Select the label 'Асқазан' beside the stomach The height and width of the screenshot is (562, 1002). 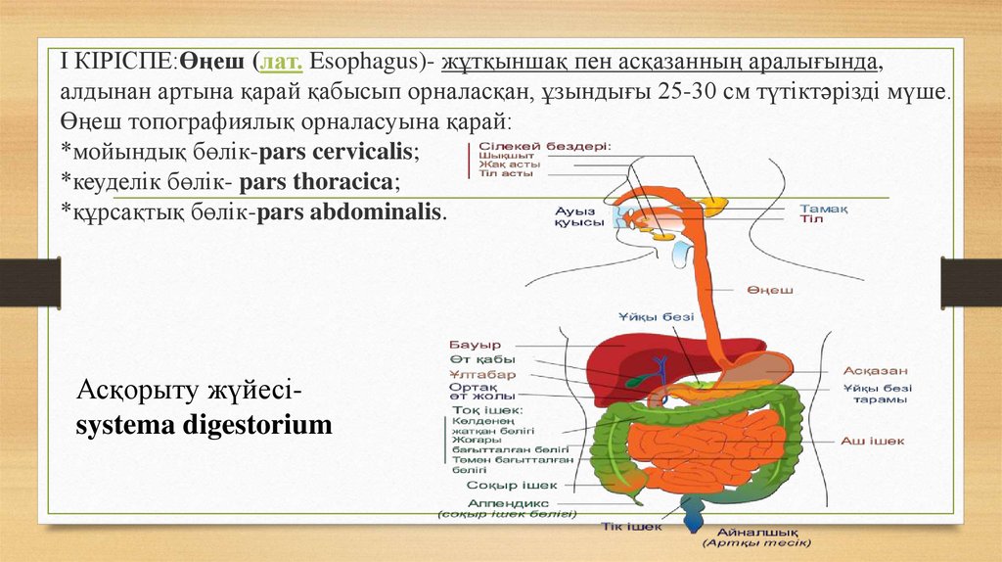(x=876, y=371)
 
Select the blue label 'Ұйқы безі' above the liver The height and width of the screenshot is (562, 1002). (x=655, y=316)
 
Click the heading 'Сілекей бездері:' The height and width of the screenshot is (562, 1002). (x=544, y=146)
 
